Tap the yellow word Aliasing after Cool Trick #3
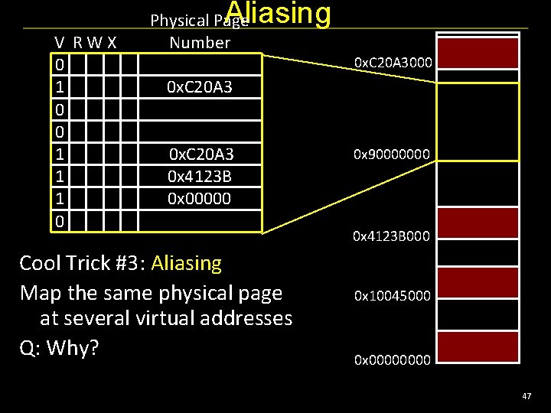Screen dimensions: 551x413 click(x=187, y=264)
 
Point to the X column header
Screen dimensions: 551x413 click(x=112, y=43)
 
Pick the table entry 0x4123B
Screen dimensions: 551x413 click(x=201, y=176)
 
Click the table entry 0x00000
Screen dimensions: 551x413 click(x=201, y=198)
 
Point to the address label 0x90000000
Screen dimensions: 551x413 click(x=392, y=154)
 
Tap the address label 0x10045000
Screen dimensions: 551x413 click(x=392, y=295)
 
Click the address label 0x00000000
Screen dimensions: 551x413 click(x=392, y=359)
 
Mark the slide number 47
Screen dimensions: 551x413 click(x=527, y=396)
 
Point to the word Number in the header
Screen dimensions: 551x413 click(x=200, y=43)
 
